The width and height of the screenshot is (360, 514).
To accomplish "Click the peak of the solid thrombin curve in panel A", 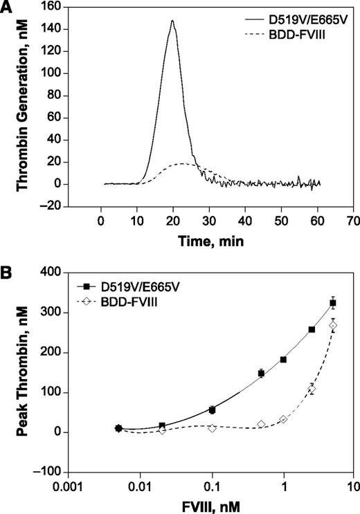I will tap(172, 21).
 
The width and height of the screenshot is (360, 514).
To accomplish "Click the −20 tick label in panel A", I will tap(55, 206).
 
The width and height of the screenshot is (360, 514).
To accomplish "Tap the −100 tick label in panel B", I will tap(51, 472).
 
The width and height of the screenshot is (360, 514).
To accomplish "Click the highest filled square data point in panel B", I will tap(333, 303).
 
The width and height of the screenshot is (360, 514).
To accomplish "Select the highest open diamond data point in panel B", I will tap(333, 325).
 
